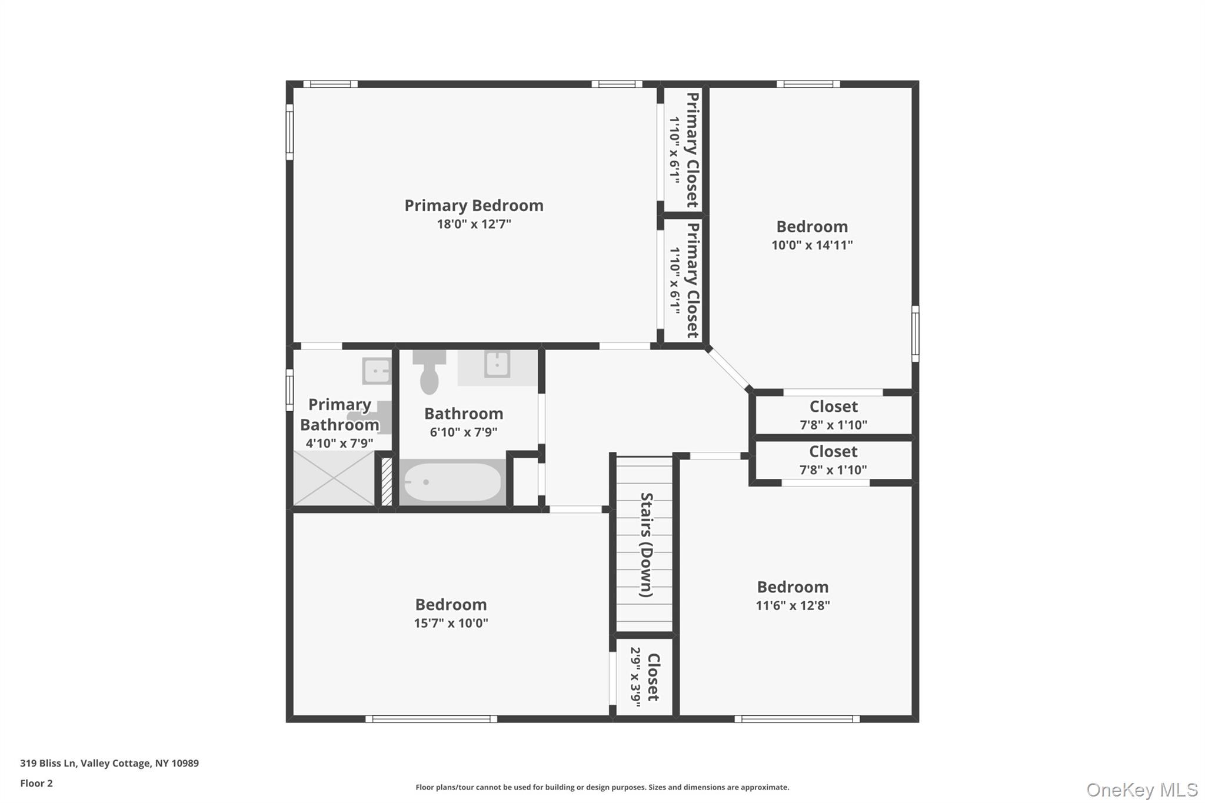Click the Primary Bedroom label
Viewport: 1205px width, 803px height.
[x=474, y=205]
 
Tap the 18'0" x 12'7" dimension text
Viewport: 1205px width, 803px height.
[x=474, y=224]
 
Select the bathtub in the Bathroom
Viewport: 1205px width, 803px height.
[x=452, y=482]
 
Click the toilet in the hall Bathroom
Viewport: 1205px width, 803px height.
[x=430, y=373]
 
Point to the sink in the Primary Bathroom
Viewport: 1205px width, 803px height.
[x=377, y=371]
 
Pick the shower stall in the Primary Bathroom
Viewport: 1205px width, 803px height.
[x=334, y=478]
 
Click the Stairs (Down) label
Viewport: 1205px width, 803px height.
[x=647, y=545]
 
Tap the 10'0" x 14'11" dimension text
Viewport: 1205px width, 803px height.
[x=812, y=245]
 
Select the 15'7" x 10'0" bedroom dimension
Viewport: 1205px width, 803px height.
[x=451, y=623]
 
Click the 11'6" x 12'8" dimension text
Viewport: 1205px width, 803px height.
[x=793, y=605]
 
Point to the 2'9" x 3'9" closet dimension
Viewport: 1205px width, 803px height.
[x=635, y=677]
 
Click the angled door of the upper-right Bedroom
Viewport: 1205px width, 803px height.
[x=728, y=369]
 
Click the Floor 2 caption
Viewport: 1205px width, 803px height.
[x=36, y=783]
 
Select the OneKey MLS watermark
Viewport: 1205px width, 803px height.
[x=1141, y=789]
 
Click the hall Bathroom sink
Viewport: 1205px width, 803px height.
[x=497, y=365]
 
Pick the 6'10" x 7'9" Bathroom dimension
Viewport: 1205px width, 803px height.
[x=464, y=432]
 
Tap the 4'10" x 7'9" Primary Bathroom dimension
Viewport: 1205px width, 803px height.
[x=339, y=444]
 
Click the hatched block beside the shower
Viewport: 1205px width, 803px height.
[x=387, y=481]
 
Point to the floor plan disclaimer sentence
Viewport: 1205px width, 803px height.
[x=602, y=787]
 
